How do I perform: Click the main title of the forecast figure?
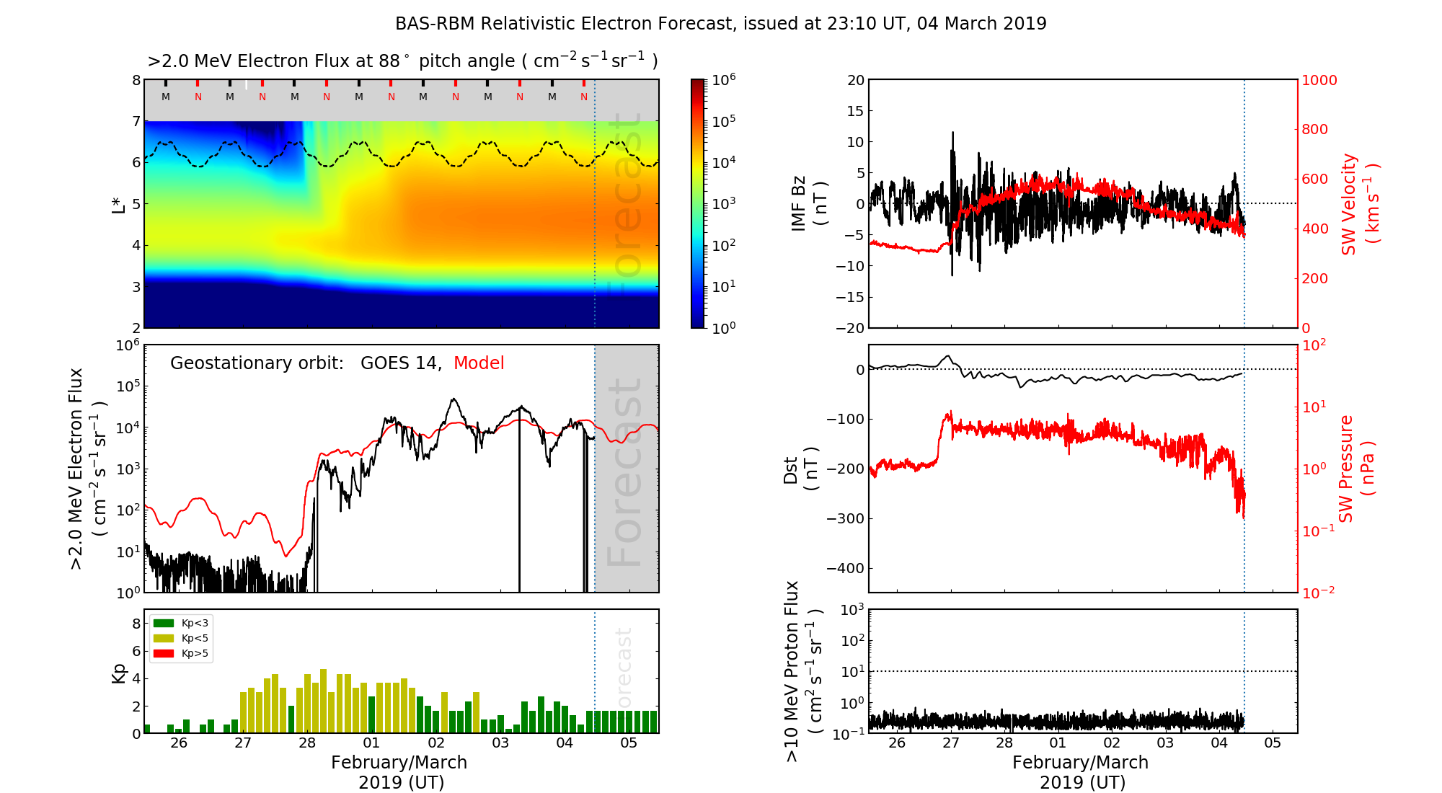pyautogui.click(x=720, y=24)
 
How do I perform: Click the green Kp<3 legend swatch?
pyautogui.click(x=164, y=623)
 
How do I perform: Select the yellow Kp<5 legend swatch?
pyautogui.click(x=164, y=638)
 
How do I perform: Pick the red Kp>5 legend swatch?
pyautogui.click(x=164, y=654)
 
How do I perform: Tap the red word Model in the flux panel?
pyautogui.click(x=479, y=363)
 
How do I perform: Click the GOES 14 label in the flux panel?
pyautogui.click(x=400, y=363)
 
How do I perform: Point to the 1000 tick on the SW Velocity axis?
pyautogui.click(x=1319, y=81)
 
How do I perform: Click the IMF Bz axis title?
pyautogui.click(x=809, y=204)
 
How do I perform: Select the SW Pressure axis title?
pyautogui.click(x=1356, y=469)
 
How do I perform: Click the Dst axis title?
pyautogui.click(x=800, y=469)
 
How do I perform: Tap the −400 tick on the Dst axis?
pyautogui.click(x=846, y=569)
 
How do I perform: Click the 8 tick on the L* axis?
pyautogui.click(x=136, y=81)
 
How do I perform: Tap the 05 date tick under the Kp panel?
pyautogui.click(x=629, y=743)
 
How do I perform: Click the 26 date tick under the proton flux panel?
pyautogui.click(x=897, y=743)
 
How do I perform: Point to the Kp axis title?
pyautogui.click(x=119, y=673)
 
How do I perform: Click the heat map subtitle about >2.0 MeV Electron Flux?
pyautogui.click(x=402, y=61)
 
